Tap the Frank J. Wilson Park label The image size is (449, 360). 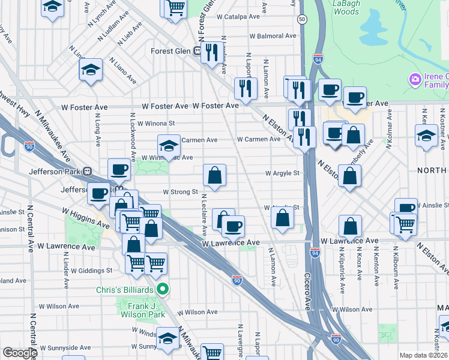click(x=139, y=310)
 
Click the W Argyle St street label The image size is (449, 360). click(x=283, y=173)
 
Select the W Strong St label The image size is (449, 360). click(x=181, y=192)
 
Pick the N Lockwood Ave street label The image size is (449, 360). click(x=131, y=139)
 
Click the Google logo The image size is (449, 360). click(x=20, y=353)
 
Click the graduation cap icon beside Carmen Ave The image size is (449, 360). click(x=169, y=145)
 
